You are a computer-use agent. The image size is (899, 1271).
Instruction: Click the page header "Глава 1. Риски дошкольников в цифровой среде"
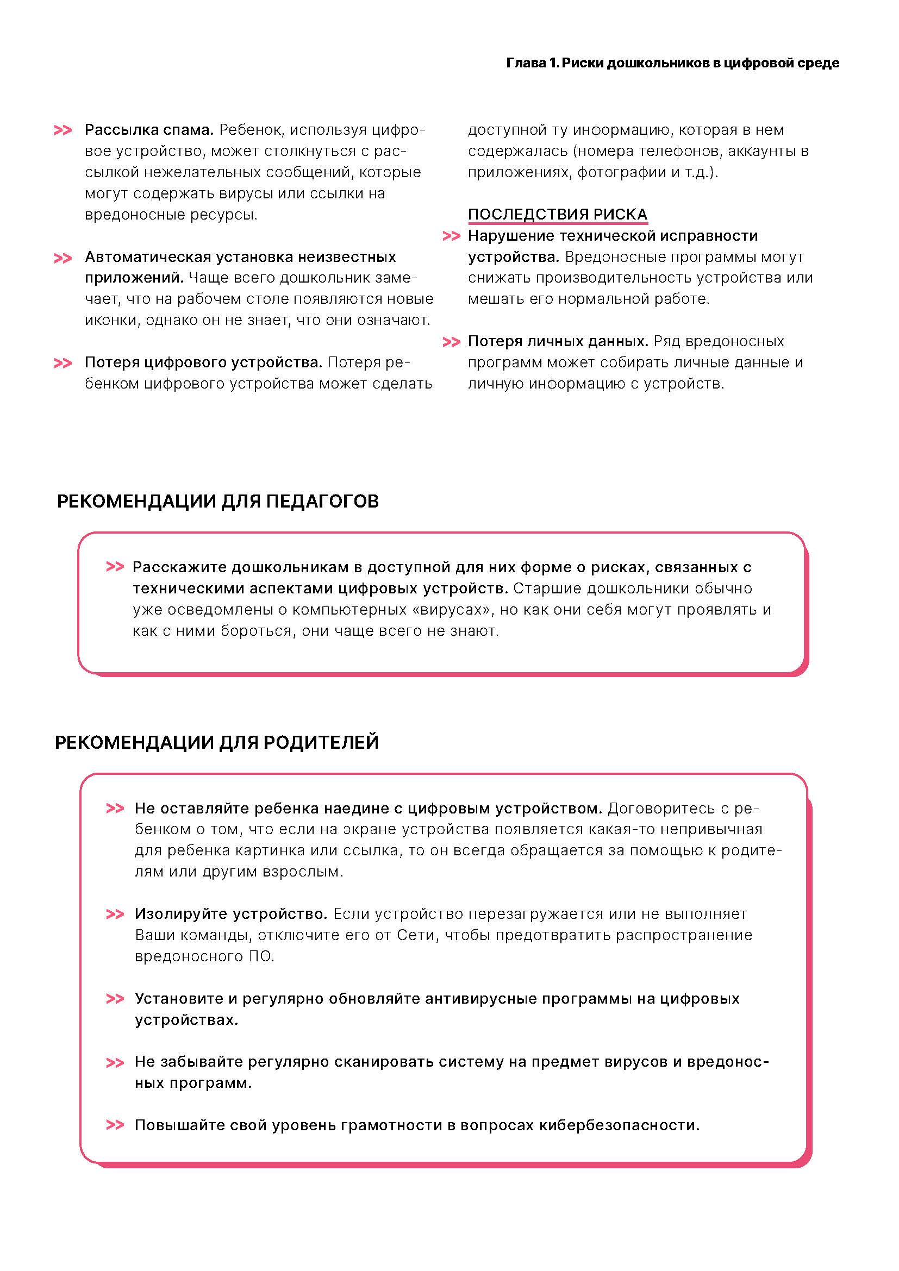coord(672,63)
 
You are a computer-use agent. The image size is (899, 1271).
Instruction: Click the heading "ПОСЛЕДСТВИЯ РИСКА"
coord(558,214)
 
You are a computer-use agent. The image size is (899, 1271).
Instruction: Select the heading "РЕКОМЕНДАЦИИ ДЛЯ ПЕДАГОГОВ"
coord(218,502)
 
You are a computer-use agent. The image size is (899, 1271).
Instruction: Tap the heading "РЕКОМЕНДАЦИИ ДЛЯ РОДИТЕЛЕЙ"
coord(217,742)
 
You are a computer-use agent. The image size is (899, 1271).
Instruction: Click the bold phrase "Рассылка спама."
coord(149,130)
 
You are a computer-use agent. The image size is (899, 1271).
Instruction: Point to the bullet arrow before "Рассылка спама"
coord(63,130)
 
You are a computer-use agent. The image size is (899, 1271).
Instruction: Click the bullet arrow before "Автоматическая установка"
coord(63,258)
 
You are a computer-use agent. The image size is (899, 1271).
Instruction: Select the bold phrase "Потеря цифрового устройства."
coord(203,362)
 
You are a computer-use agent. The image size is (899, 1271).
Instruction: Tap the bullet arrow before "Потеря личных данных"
coord(452,342)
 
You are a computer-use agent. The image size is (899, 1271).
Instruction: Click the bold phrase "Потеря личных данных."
coord(558,342)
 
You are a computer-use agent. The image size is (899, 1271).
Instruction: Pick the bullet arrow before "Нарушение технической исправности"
coord(452,236)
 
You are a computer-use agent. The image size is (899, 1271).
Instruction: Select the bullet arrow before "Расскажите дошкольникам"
coord(115,567)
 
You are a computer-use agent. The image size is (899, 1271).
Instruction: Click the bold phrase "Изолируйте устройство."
coord(232,914)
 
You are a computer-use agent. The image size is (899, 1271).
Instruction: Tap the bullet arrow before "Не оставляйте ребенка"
coord(115,809)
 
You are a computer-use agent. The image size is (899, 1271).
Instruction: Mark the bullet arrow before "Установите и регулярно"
coord(115,999)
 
